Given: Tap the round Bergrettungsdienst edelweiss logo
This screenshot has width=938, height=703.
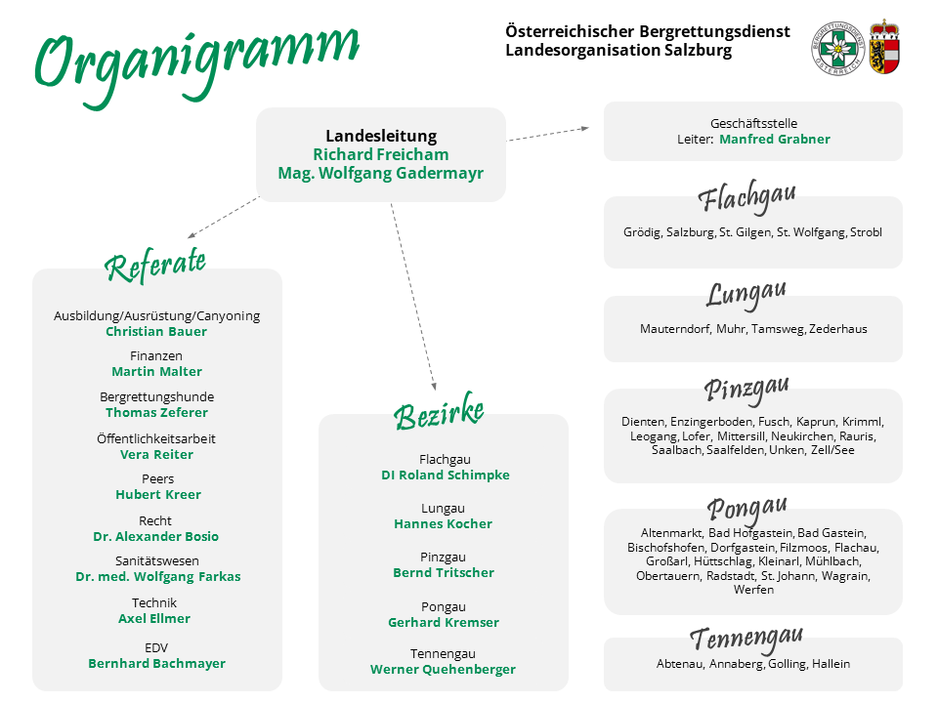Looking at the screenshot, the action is pos(838,49).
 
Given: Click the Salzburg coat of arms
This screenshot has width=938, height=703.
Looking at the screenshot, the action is pos(885,47).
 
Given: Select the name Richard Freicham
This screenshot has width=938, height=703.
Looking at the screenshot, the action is pos(380,155).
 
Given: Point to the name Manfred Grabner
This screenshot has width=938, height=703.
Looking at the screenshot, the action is pos(774,140).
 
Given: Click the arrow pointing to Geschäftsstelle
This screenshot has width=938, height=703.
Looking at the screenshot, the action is pos(548,134).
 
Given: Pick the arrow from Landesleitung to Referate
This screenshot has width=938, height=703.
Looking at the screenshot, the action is pos(223,218).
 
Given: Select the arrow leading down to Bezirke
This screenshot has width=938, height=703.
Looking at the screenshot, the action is pos(413,297).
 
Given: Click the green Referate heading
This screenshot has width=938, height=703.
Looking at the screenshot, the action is pos(155,265).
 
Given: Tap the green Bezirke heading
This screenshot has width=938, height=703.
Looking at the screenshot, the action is pos(439,412).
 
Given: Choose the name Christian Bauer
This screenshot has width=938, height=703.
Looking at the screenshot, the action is pos(156,332).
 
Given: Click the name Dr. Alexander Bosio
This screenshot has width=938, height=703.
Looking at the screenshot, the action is pos(155,537).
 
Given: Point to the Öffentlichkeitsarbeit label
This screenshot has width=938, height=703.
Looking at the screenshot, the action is pos(156,438).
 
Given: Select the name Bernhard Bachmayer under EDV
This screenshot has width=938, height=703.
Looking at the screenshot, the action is pos(156,664).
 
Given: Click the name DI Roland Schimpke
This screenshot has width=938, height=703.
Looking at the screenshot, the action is pos(446,476).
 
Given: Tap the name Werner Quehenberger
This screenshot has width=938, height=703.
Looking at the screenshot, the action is pos(443,670).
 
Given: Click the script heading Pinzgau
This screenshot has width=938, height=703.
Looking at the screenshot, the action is pos(746,390).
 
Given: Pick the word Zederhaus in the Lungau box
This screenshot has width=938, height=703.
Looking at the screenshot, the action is pos(838,329).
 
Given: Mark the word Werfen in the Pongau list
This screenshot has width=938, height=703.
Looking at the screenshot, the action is pos(753,590).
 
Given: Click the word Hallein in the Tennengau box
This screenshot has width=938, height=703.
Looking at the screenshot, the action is pos(831,664).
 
